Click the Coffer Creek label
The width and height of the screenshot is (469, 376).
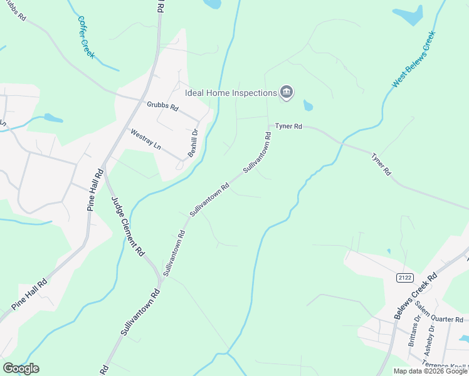pyautogui.click(x=86, y=37)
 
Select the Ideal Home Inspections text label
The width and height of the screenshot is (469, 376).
pyautogui.click(x=231, y=93)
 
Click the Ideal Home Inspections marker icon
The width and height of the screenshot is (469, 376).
pyautogui.click(x=287, y=93)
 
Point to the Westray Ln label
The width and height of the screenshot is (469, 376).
pyautogui.click(x=145, y=139)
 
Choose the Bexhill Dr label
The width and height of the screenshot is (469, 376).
pyautogui.click(x=193, y=143)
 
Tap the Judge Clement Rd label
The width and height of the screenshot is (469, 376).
pyautogui.click(x=128, y=227)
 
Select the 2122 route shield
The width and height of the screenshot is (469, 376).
pyautogui.click(x=404, y=278)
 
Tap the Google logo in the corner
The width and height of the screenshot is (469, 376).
pyautogui.click(x=21, y=368)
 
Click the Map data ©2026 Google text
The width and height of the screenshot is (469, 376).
pyautogui.click(x=430, y=371)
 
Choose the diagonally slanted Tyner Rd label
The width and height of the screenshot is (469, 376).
pyautogui.click(x=381, y=164)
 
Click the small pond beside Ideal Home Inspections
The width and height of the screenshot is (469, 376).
pyautogui.click(x=308, y=105)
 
